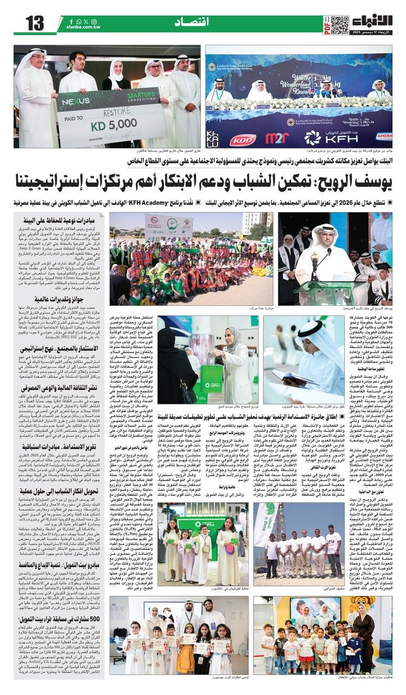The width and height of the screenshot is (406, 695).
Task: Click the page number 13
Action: (34, 24)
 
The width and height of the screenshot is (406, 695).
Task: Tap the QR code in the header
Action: (340, 24)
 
